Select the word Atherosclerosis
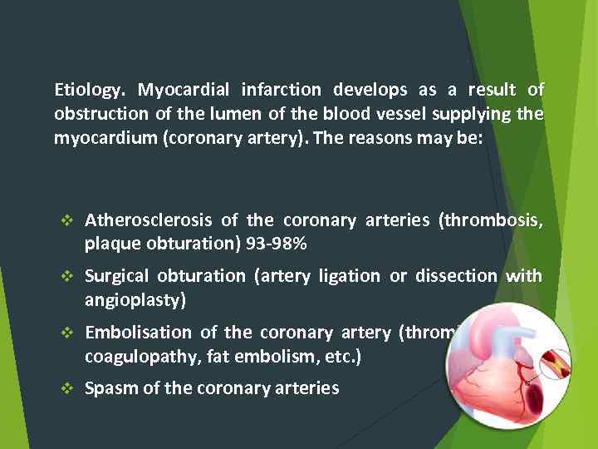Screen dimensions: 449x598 149,220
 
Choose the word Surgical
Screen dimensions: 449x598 117,276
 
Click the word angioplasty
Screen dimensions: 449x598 135,300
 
